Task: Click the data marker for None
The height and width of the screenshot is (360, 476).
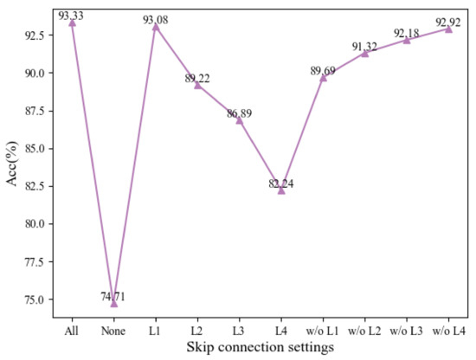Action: click(x=113, y=304)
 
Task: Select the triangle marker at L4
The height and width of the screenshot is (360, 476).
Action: click(x=281, y=190)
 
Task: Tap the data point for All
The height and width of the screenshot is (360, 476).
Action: click(x=72, y=22)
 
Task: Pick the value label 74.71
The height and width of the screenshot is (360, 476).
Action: click(x=113, y=296)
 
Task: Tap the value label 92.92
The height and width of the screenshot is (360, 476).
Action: click(x=447, y=22)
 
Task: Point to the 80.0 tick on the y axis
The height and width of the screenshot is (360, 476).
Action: click(x=38, y=224)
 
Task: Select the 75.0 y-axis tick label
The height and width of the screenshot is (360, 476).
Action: click(x=38, y=299)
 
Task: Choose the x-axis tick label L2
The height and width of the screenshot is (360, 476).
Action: click(x=197, y=331)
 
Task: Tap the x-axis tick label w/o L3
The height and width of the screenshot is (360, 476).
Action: click(x=406, y=331)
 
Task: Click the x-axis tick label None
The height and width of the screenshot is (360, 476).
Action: click(x=113, y=331)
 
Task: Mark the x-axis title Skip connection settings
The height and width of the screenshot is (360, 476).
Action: click(x=260, y=348)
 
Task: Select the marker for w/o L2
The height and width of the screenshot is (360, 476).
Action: click(x=364, y=53)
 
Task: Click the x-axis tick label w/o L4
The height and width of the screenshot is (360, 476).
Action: click(x=447, y=331)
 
